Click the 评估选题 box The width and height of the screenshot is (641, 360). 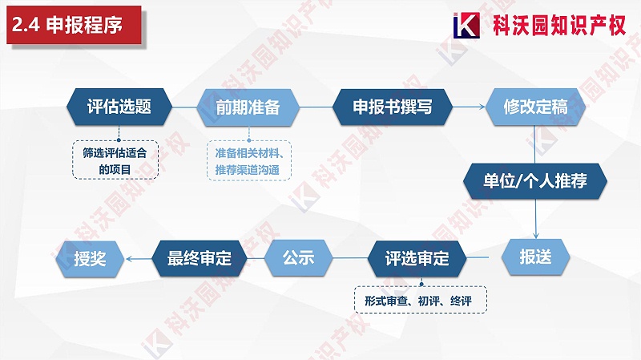point(119,107)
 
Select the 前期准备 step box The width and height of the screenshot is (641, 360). point(248,107)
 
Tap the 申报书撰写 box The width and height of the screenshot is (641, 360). point(392,107)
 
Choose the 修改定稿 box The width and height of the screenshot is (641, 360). point(535,107)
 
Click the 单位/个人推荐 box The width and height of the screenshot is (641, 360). point(536,181)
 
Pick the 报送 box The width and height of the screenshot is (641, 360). point(536,257)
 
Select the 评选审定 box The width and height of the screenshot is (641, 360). point(417,258)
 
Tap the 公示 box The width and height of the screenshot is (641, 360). point(297,258)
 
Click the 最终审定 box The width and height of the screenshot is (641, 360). point(199,258)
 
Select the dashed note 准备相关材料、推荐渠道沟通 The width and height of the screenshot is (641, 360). point(247,160)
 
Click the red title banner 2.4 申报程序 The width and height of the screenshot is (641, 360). point(73,25)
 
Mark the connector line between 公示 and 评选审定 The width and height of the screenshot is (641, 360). point(348,258)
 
